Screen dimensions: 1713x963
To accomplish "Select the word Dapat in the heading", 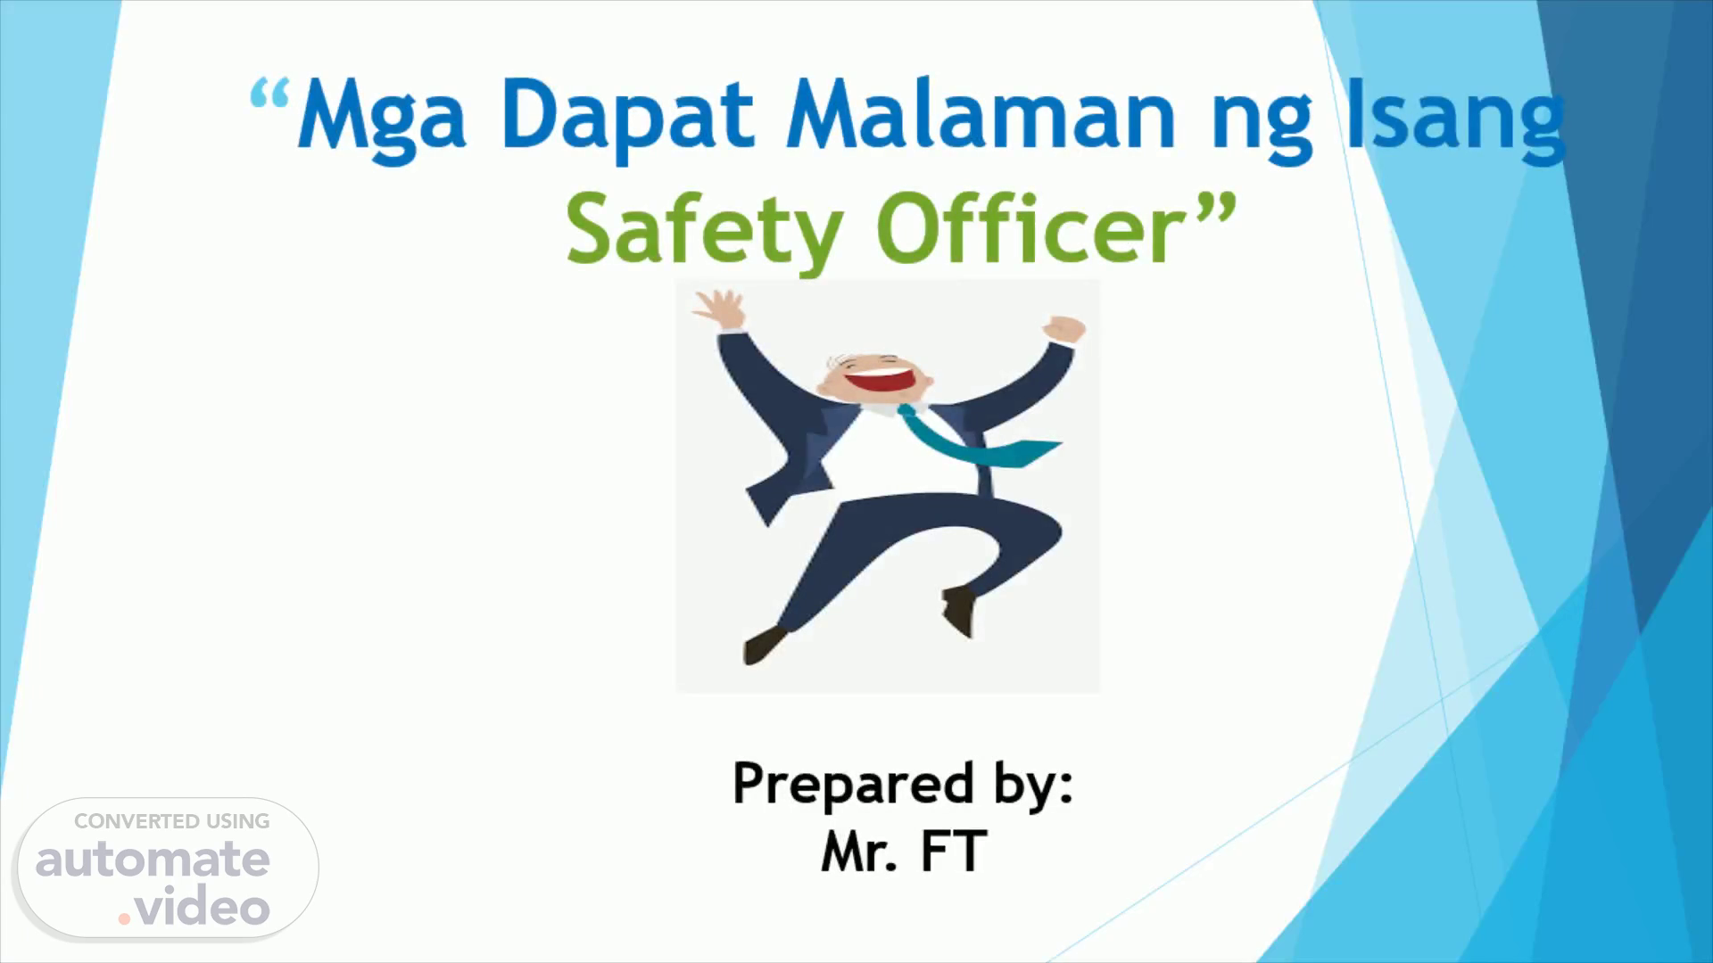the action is (627, 117).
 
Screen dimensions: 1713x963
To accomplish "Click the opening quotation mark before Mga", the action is (270, 94).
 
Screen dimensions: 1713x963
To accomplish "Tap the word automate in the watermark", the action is (153, 860).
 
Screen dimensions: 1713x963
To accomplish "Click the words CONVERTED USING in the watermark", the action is (171, 821).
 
